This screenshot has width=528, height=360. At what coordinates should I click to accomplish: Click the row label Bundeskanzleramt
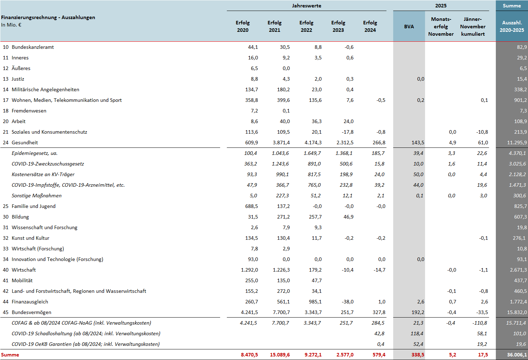pos(33,47)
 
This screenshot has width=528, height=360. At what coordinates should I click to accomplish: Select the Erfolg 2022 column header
pos(306,27)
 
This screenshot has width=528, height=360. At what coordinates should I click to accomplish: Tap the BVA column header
pos(409,27)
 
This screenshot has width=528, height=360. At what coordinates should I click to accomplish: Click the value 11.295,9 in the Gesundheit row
pos(517,143)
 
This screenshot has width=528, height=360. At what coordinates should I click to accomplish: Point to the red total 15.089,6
pos(280,355)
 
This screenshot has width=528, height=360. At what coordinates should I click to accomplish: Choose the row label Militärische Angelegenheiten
pos(45,89)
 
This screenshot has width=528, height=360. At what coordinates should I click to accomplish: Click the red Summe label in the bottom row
pos(10,355)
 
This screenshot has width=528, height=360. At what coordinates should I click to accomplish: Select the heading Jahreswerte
pos(306,6)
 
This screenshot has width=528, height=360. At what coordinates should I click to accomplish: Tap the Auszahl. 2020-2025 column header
pos(512,27)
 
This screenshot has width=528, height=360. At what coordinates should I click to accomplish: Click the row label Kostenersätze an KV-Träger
pos(43,174)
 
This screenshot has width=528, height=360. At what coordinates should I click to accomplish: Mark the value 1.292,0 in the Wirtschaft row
pos(249,270)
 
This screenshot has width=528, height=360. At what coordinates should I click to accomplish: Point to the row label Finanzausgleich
pos(30,302)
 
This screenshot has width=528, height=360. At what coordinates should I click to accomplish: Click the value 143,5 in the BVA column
pos(418,143)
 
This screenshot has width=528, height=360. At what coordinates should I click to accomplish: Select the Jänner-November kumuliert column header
pos(473,27)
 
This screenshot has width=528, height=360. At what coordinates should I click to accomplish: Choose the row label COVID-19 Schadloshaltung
pos(86,333)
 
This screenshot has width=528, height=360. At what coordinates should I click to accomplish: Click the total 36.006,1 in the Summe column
pos(517,355)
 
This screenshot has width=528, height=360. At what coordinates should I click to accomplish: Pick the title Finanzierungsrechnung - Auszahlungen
pos(48,17)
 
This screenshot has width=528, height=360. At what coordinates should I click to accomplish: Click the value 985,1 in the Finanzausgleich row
pos(315,302)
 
